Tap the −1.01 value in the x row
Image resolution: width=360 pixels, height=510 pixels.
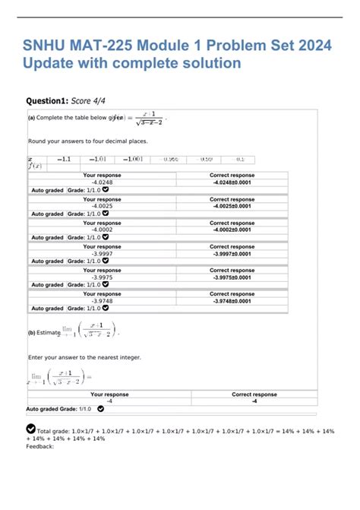[99, 160]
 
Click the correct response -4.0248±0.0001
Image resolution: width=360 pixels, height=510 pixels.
[232, 182]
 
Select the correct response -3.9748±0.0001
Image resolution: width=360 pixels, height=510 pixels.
[232, 301]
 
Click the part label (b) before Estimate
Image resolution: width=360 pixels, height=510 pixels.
[33, 332]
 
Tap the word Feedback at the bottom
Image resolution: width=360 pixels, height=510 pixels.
[39, 447]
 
